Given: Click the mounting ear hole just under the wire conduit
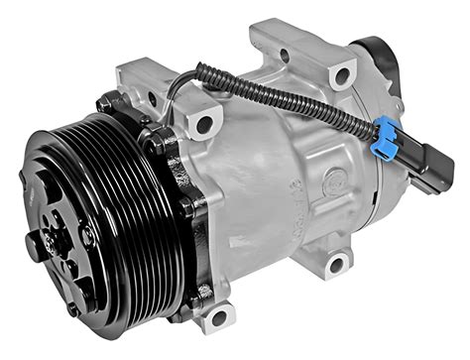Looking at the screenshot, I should (204, 125).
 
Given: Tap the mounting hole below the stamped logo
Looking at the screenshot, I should (337, 263).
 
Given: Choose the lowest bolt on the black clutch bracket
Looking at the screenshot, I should (203, 293).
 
